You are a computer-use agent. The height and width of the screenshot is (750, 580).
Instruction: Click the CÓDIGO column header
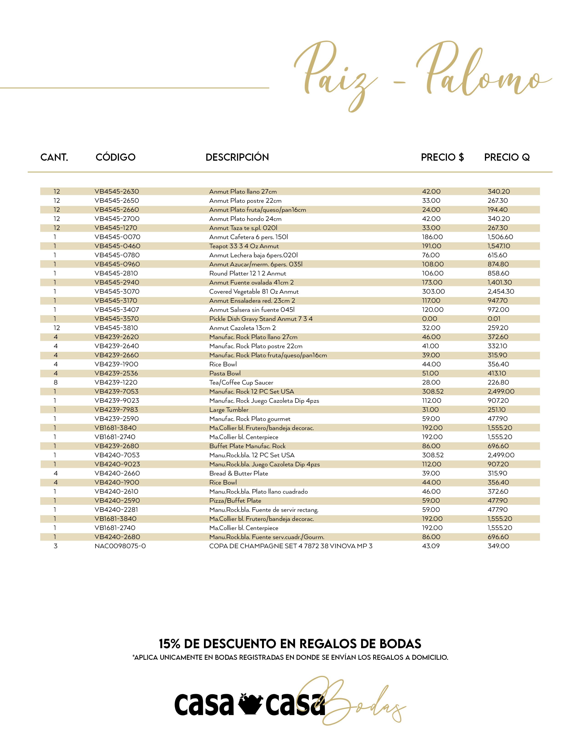pos(116,157)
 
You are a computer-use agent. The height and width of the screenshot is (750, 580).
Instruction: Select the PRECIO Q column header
pos(507,157)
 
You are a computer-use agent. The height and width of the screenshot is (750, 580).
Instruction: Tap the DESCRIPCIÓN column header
pos(237,157)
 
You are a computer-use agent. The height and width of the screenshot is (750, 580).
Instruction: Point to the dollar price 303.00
pos(433,292)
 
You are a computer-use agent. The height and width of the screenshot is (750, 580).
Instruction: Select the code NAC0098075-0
pos(120,546)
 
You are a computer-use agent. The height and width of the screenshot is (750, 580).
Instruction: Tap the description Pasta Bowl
pos(225,373)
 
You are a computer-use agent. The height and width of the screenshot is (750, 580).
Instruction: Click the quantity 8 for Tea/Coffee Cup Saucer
pos(56,382)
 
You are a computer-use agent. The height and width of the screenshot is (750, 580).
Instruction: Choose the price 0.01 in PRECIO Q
pos(494,319)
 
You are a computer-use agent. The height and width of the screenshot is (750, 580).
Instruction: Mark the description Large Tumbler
pos(229,410)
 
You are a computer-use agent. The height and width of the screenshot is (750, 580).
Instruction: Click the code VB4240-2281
pos(116,510)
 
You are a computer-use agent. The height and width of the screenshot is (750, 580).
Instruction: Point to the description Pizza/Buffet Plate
pos(235,501)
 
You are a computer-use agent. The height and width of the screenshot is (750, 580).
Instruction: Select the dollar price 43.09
pos(431,546)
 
